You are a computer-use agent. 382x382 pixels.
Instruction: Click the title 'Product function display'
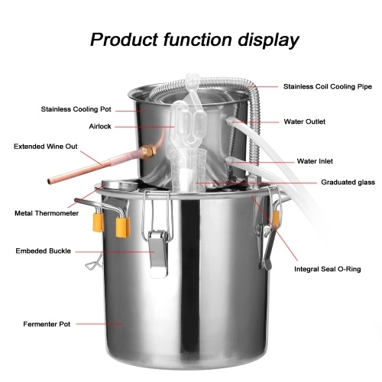[195, 40]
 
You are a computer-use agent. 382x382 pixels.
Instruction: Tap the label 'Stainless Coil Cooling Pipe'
[328, 86]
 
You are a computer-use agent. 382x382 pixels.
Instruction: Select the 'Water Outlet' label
[304, 121]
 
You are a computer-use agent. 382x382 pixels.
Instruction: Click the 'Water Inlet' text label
[315, 161]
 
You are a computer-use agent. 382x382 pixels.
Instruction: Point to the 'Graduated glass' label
[348, 183]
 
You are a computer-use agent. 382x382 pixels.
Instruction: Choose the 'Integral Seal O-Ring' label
[327, 269]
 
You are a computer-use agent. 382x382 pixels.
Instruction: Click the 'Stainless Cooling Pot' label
[76, 109]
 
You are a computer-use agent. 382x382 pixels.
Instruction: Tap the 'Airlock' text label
[100, 126]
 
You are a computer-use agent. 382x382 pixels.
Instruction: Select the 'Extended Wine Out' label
[46, 147]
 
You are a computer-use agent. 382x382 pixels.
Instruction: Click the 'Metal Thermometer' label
[47, 213]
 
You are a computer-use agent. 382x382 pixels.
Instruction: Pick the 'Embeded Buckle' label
[44, 251]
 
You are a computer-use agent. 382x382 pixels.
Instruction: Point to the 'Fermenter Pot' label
[47, 324]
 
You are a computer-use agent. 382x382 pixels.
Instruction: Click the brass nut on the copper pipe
[148, 151]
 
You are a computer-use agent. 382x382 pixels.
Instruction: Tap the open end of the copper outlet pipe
[50, 181]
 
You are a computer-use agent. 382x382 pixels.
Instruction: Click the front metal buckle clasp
[158, 253]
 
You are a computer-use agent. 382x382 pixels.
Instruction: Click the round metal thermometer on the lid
[119, 185]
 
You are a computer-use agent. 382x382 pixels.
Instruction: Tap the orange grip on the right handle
[276, 219]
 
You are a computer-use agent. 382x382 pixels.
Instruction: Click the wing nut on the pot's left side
[93, 262]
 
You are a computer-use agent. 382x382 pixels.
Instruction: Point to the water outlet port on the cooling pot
[229, 120]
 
